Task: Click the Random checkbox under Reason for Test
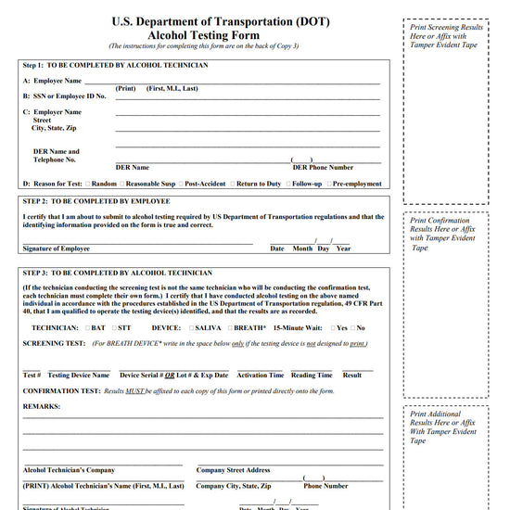pyautogui.click(x=88, y=184)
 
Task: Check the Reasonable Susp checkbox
pyautogui.click(x=122, y=184)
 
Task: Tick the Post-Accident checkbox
pyautogui.click(x=182, y=184)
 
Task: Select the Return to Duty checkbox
pyautogui.click(x=233, y=184)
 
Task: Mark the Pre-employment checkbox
pyautogui.click(x=328, y=184)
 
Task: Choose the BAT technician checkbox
pyautogui.click(x=88, y=327)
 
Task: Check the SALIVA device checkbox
pyautogui.click(x=192, y=327)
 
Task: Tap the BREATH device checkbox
pyautogui.click(x=230, y=327)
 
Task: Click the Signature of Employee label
pyautogui.click(x=57, y=249)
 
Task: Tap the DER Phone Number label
pyautogui.click(x=322, y=168)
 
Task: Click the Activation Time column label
pyautogui.click(x=260, y=376)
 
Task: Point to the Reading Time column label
pyautogui.click(x=311, y=376)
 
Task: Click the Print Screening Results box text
pyautogui.click(x=446, y=35)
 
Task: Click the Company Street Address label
pyautogui.click(x=233, y=470)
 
